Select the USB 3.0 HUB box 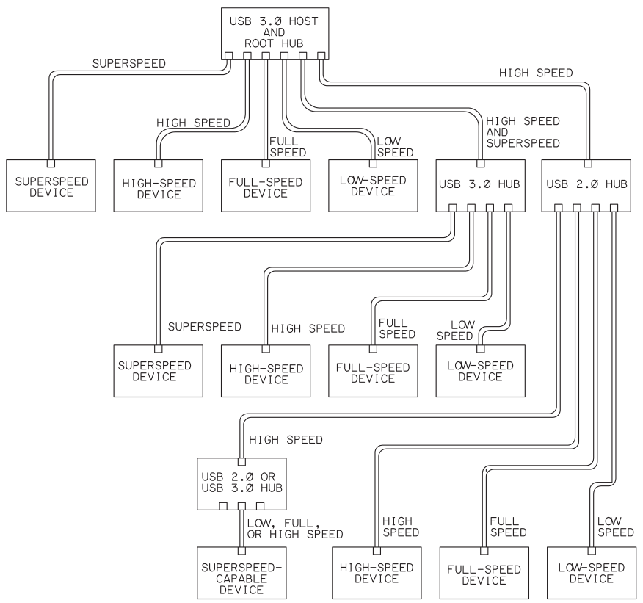[x=480, y=184]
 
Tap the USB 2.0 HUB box [x=587, y=184]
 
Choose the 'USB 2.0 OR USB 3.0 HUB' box [x=241, y=483]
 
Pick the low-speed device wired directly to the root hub [x=373, y=186]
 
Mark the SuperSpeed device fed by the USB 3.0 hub [x=156, y=371]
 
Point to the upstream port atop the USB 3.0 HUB [x=480, y=164]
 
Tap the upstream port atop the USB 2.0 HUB [x=588, y=164]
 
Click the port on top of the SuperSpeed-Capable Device [x=241, y=549]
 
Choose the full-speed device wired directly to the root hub [x=264, y=186]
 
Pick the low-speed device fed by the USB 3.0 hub [x=480, y=371]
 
